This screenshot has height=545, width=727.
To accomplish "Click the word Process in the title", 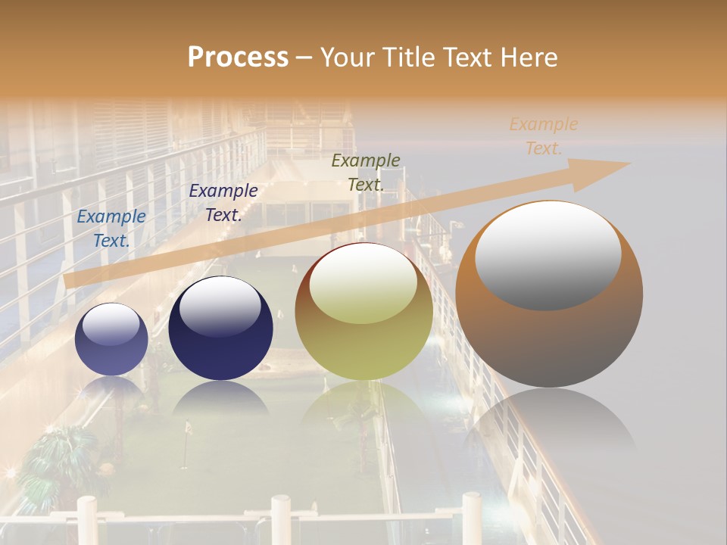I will coord(238,58).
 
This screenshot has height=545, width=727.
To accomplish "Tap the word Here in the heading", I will coord(529,58).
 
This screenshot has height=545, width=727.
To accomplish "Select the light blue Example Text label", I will coord(111,228).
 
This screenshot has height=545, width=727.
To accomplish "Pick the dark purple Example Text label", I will coord(223,202).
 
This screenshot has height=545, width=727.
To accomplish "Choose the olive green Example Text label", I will coord(366,172).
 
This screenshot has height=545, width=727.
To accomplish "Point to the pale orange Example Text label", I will coord(543,136).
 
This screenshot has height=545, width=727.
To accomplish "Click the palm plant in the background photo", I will coord(57,454).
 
